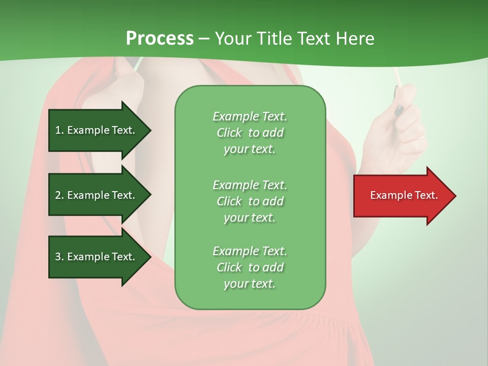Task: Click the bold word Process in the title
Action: coord(160,39)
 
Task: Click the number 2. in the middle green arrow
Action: coord(59,195)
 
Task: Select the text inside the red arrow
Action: coord(404,195)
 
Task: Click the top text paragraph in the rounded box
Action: coord(250,133)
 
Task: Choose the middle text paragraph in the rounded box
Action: coord(250,201)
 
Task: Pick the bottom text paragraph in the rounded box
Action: coord(250,267)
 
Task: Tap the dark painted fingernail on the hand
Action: coord(400,110)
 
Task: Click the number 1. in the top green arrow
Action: coord(59,130)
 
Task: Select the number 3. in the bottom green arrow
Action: coord(59,257)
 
